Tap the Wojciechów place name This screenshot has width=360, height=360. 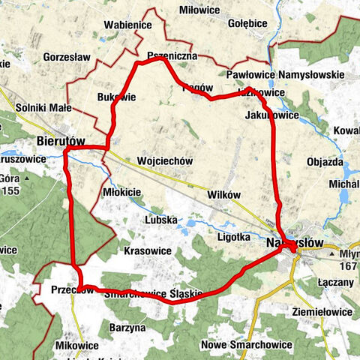click(166, 160)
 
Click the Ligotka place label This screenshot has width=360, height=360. click(233, 236)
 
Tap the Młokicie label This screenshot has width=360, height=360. click(121, 192)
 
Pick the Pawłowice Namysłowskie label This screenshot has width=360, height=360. click(285, 75)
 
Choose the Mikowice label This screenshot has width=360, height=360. click(77, 345)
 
